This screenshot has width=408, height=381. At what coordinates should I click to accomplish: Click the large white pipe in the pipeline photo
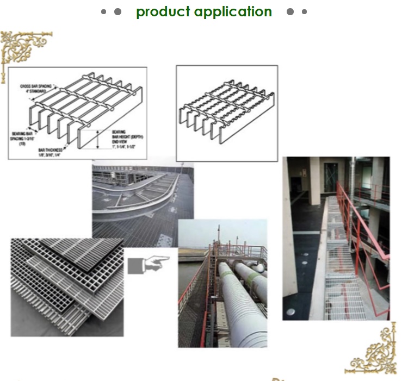[239, 304]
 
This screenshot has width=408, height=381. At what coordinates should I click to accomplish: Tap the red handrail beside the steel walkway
[356, 228]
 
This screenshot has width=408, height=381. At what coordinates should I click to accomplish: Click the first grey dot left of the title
[103, 11]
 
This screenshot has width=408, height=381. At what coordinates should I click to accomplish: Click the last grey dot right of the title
[304, 11]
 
